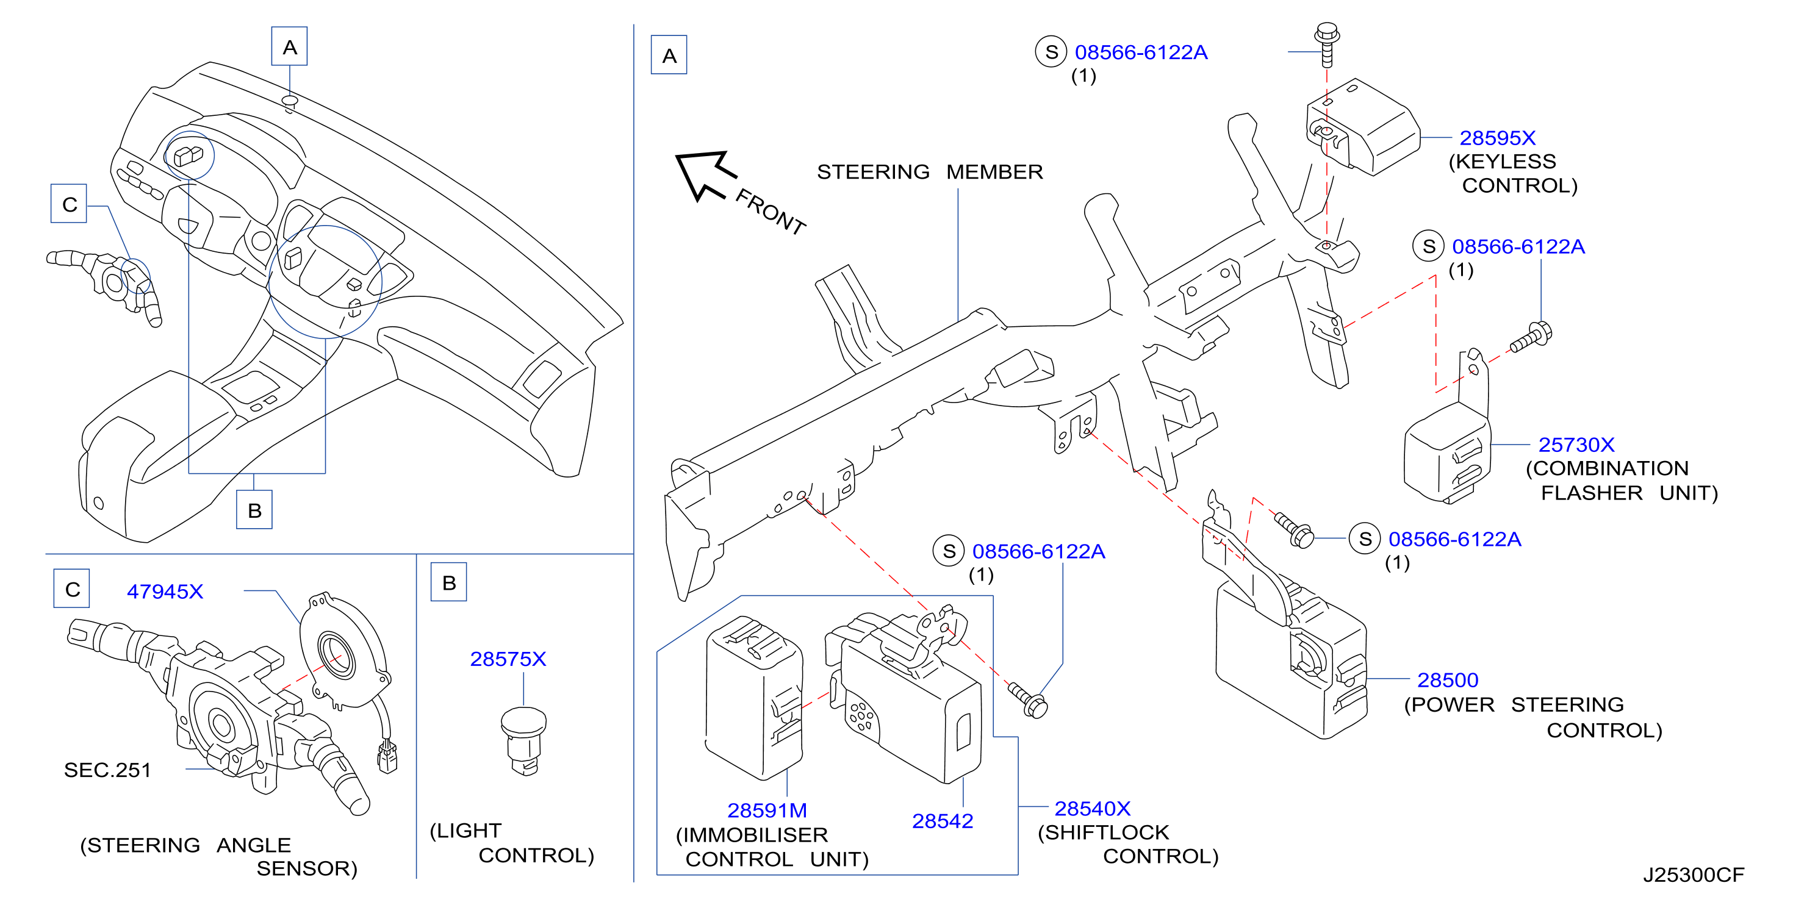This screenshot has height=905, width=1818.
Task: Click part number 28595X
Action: (x=1497, y=138)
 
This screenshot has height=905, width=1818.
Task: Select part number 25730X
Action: (x=1576, y=445)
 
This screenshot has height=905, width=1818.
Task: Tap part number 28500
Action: (x=1448, y=680)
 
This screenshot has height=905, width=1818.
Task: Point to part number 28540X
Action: (x=1093, y=809)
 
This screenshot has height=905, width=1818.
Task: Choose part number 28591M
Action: (x=767, y=810)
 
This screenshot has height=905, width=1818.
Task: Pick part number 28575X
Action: (x=508, y=659)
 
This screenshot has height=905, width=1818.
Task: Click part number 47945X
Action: (x=165, y=591)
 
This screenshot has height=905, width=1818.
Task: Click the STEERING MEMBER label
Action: (x=930, y=171)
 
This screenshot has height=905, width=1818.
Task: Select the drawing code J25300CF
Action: (x=1693, y=875)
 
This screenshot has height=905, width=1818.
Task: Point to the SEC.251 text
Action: (x=107, y=770)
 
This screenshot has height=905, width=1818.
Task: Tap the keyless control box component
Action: (x=1362, y=127)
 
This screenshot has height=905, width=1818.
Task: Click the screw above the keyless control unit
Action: (x=1327, y=44)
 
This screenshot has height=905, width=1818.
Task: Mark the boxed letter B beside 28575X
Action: (x=449, y=582)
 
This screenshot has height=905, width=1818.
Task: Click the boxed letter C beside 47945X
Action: (x=72, y=588)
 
